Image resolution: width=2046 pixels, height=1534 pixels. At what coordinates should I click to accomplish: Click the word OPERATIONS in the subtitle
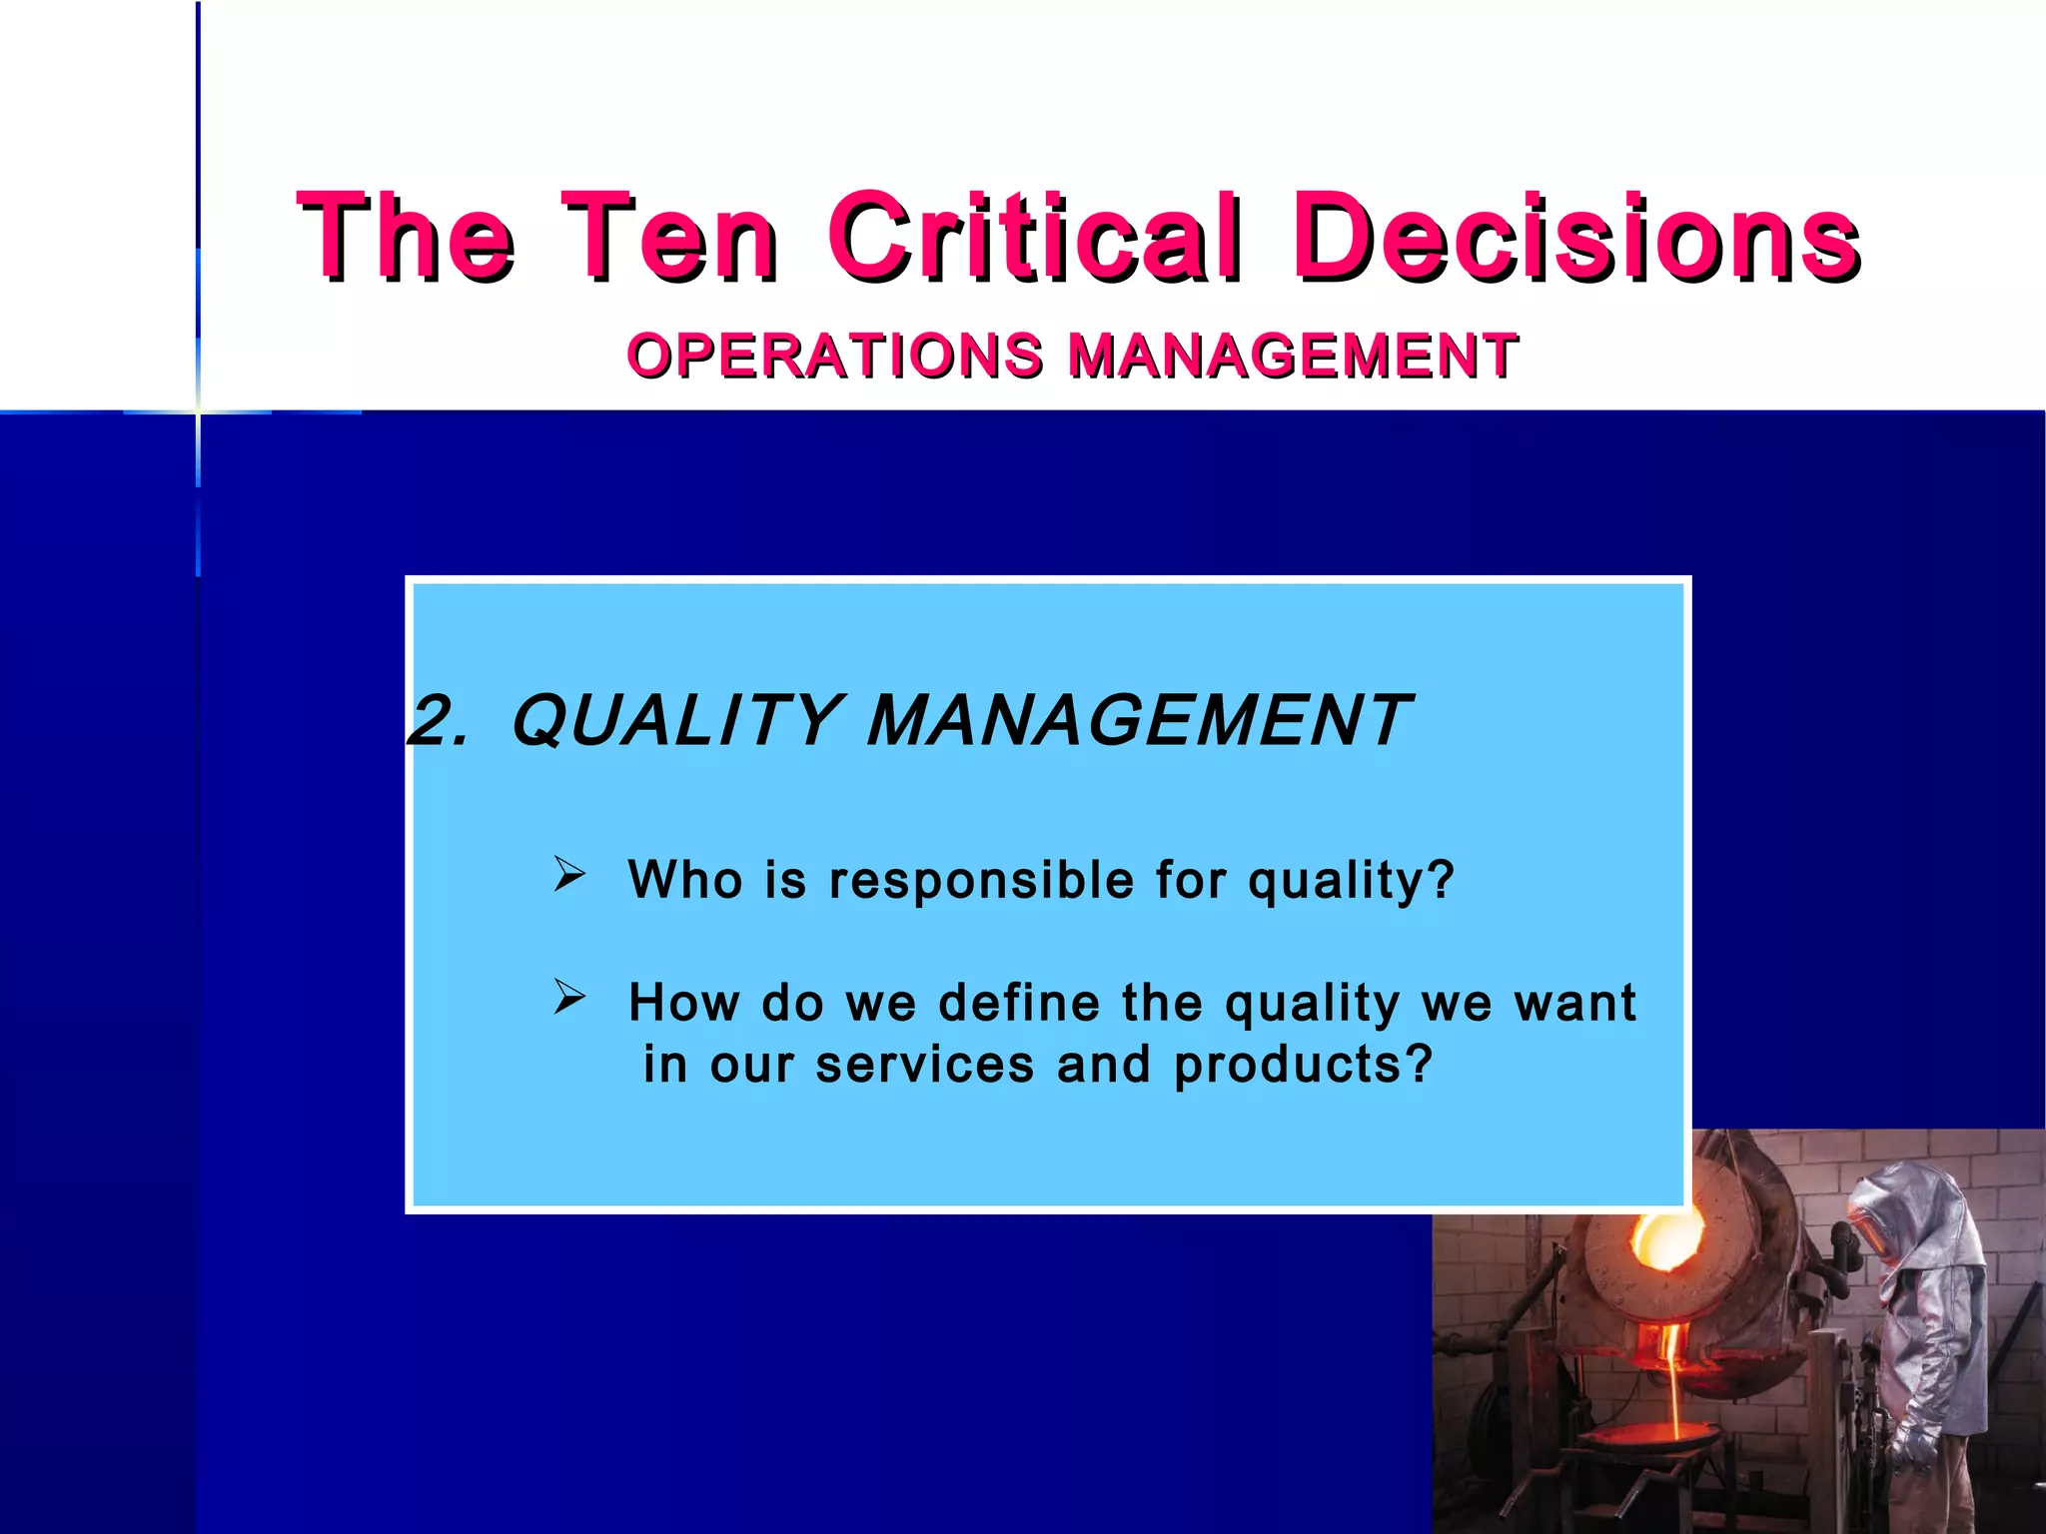click(835, 356)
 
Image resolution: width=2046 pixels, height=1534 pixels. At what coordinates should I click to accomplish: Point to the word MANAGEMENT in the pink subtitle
click(1293, 356)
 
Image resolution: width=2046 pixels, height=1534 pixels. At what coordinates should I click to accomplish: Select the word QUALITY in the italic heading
click(675, 721)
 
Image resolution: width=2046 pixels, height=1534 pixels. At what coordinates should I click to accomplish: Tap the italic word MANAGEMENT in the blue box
click(1139, 721)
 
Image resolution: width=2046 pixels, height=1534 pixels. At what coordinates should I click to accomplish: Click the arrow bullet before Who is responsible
click(569, 874)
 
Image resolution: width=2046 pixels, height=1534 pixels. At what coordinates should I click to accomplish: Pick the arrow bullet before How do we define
click(569, 996)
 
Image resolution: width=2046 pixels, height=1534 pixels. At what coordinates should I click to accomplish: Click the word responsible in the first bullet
click(981, 881)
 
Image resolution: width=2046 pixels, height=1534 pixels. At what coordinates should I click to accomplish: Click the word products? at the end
click(1304, 1066)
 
